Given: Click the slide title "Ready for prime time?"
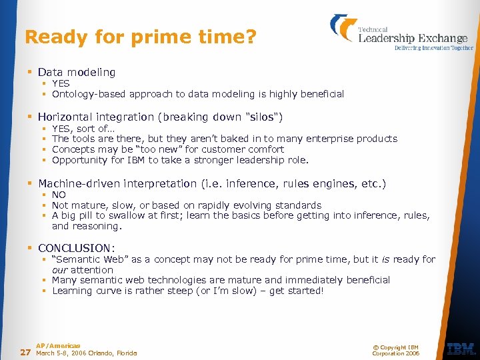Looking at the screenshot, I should (x=140, y=37).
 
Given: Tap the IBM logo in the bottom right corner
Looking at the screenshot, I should (x=461, y=349).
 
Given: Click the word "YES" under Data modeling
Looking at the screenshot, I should (x=61, y=83).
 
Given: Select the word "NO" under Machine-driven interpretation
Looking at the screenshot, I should (x=59, y=195).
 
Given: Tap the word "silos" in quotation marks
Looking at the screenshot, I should (x=264, y=117).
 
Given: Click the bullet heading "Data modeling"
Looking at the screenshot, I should (x=77, y=72).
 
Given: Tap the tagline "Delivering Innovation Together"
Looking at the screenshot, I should (x=433, y=48).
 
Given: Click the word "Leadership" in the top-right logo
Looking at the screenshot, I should (x=387, y=38).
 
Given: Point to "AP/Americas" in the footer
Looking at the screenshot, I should (x=58, y=345).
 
